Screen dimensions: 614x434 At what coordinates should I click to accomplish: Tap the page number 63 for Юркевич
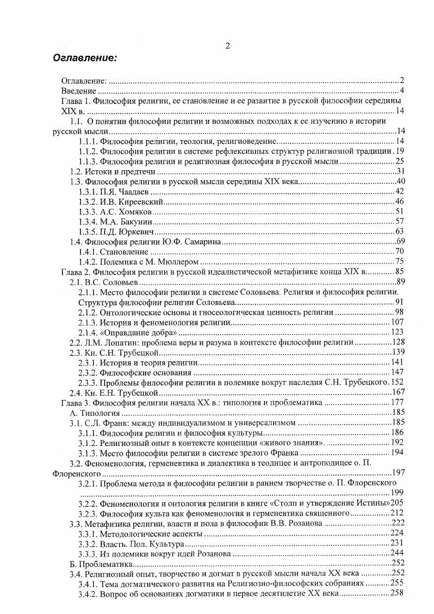[x=399, y=231]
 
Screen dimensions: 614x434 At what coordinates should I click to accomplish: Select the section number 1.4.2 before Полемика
[x=88, y=261]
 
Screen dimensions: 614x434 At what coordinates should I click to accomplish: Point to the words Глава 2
[x=76, y=271]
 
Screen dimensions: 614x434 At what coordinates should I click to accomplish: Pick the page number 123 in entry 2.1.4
[x=397, y=332]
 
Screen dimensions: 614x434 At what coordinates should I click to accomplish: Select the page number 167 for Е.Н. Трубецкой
[x=397, y=392]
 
